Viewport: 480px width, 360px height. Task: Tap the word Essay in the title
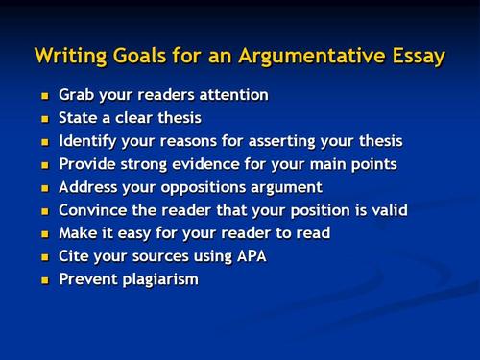pos(416,56)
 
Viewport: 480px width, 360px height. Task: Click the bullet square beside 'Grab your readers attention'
pos(42,97)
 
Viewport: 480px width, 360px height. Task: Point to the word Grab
pos(77,96)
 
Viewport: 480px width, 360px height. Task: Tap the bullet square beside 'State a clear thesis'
pos(42,120)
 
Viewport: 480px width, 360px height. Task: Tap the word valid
pos(389,210)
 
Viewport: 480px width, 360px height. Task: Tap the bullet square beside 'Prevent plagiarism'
pos(42,280)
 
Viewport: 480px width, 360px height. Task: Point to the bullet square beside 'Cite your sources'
pos(42,257)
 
